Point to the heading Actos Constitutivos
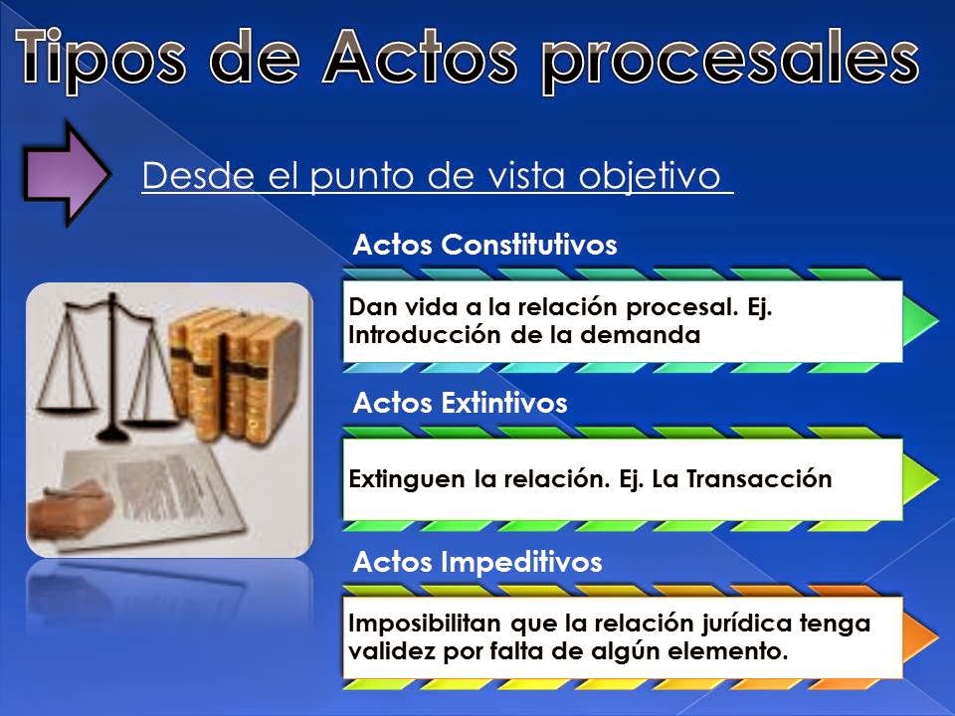[x=485, y=245]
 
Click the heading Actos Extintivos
[x=460, y=403]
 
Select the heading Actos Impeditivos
[x=477, y=563]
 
